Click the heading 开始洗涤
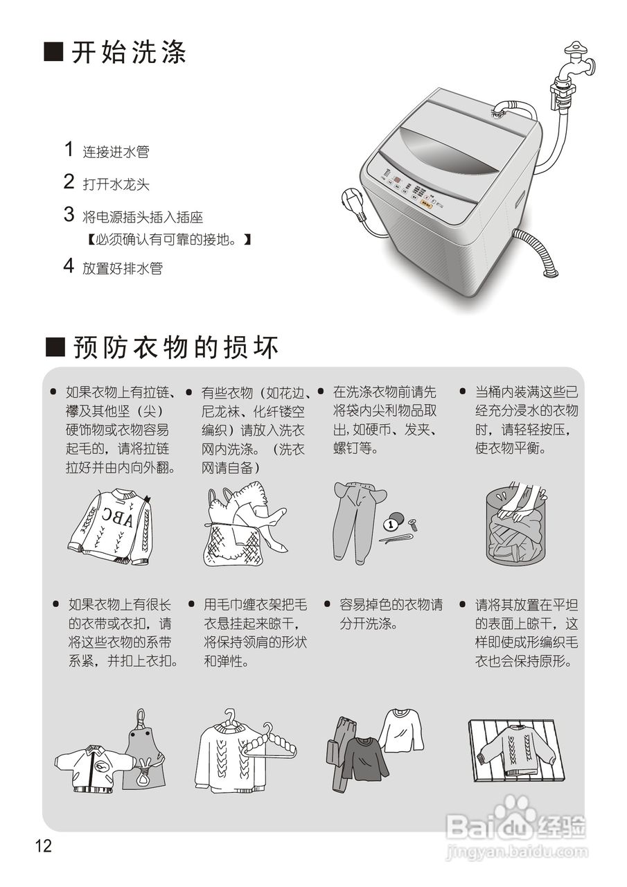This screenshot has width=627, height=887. [x=128, y=53]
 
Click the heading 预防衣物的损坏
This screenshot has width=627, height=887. [x=175, y=347]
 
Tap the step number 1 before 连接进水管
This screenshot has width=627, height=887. [x=69, y=149]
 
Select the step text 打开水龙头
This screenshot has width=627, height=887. [x=116, y=184]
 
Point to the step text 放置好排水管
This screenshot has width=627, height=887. [x=123, y=268]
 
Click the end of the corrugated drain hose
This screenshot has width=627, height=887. [x=550, y=271]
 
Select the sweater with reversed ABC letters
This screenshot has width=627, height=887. [x=112, y=526]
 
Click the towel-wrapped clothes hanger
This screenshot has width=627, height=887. [x=273, y=741]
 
